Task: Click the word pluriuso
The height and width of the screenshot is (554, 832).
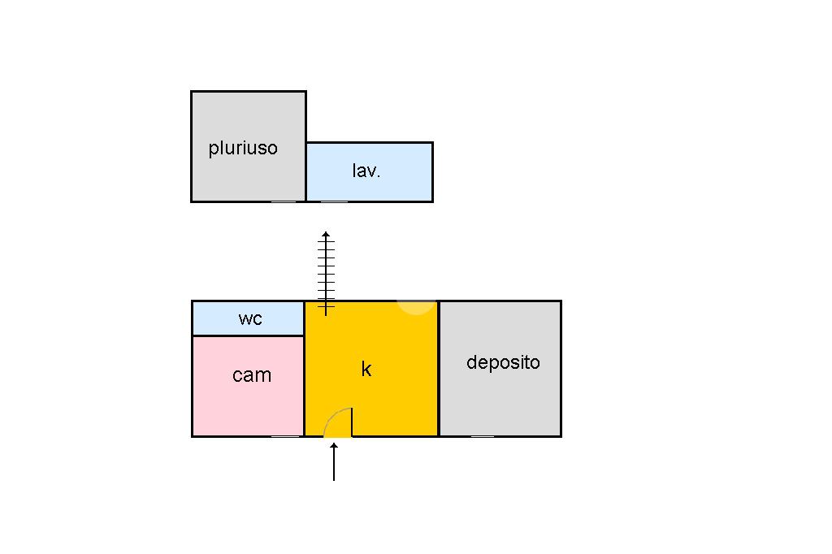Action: pos(243,148)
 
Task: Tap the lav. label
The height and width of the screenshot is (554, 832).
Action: pos(366,171)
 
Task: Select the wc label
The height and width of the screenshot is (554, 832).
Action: pos(250,318)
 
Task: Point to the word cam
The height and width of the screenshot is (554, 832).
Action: pos(252,375)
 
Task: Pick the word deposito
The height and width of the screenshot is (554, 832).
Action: pos(503,362)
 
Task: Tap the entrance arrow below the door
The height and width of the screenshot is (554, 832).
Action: pos(334,462)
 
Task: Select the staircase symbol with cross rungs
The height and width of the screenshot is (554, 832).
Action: pos(326,274)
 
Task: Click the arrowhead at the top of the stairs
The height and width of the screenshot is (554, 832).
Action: pos(326,234)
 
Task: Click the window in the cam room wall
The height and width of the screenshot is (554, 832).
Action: pos(285,436)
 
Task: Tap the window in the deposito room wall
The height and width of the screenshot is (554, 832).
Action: pos(483,436)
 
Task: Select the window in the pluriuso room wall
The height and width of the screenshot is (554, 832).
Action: pos(284,201)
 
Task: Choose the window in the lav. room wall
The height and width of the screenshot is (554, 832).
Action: pos(334,201)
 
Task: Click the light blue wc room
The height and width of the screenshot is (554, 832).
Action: pos(248,318)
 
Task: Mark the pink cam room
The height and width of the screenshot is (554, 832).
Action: pos(248,387)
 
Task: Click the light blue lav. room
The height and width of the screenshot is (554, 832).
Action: pos(370,172)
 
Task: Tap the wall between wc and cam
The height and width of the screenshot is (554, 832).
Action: pos(248,336)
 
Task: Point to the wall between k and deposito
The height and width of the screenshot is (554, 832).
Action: pos(439,369)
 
